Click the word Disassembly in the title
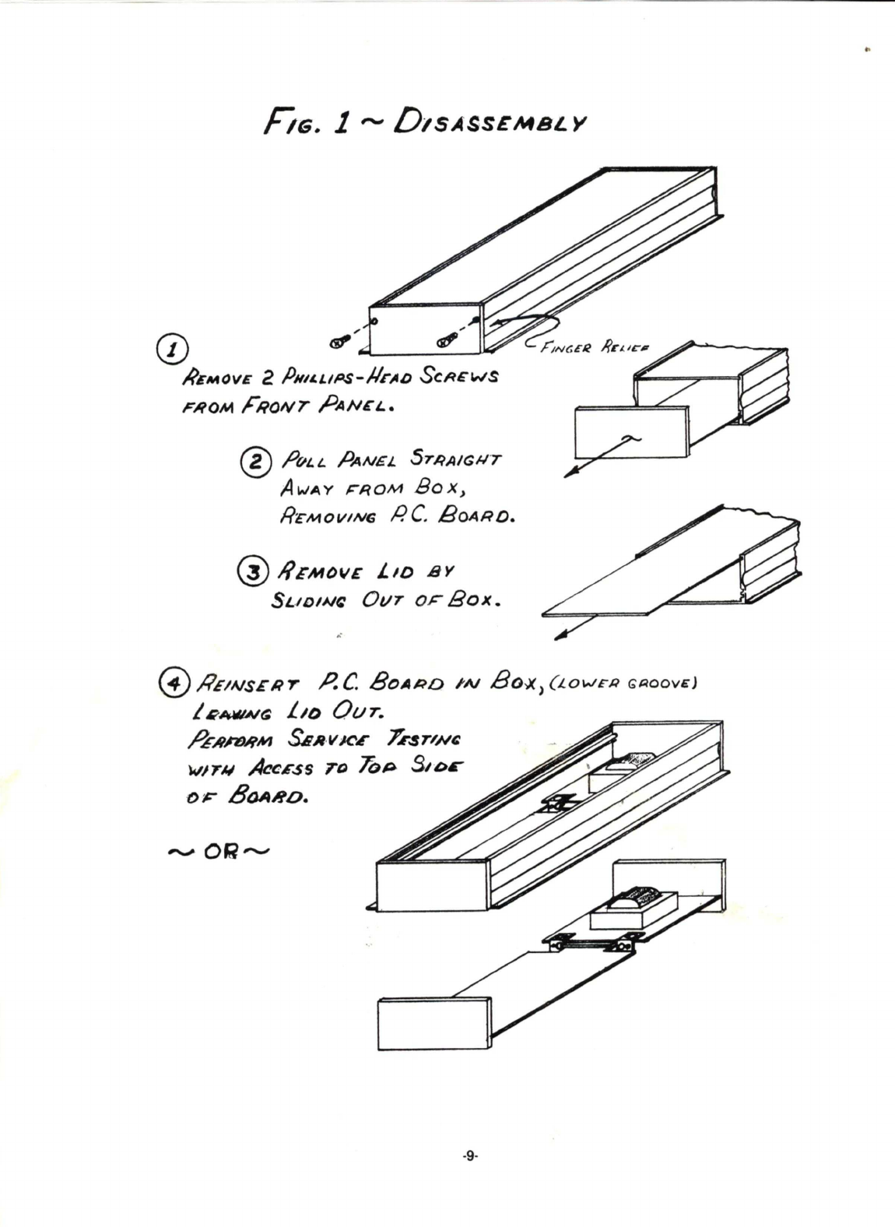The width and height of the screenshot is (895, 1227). click(490, 123)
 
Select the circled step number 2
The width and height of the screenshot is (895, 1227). click(257, 462)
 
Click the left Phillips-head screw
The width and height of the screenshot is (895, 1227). click(337, 341)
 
